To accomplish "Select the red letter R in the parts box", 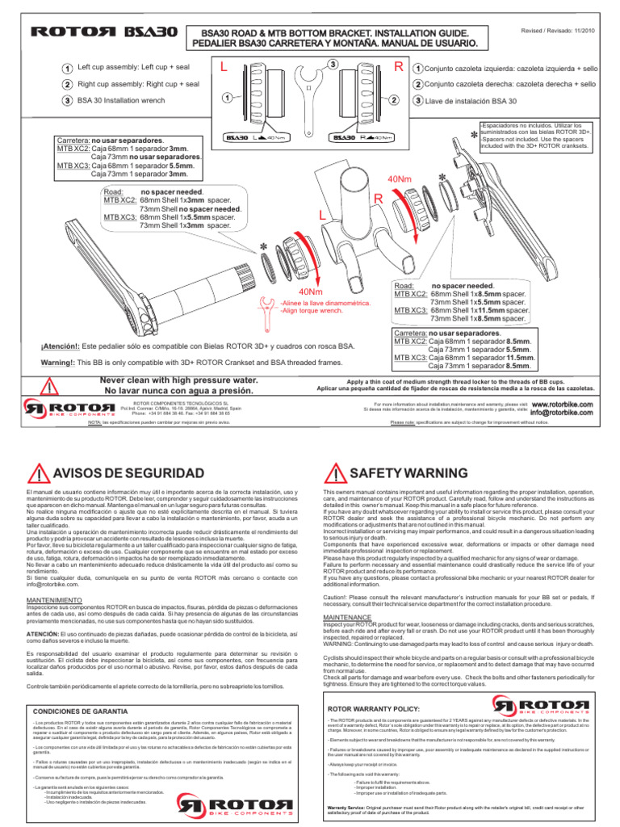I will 398,69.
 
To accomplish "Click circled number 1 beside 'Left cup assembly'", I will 66,69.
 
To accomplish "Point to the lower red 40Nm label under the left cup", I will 312,292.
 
